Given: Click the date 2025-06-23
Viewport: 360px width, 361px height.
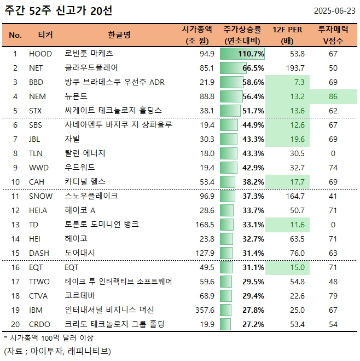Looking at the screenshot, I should [x=335, y=11].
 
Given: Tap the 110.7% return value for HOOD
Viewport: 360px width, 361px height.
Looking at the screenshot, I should [x=251, y=54].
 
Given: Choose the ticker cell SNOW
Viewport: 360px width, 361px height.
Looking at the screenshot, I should [x=40, y=196].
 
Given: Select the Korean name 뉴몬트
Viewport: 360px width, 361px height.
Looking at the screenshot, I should [x=76, y=96].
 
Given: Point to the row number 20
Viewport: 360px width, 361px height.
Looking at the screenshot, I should [x=16, y=324].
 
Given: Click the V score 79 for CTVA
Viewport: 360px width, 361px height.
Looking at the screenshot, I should [x=333, y=296].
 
